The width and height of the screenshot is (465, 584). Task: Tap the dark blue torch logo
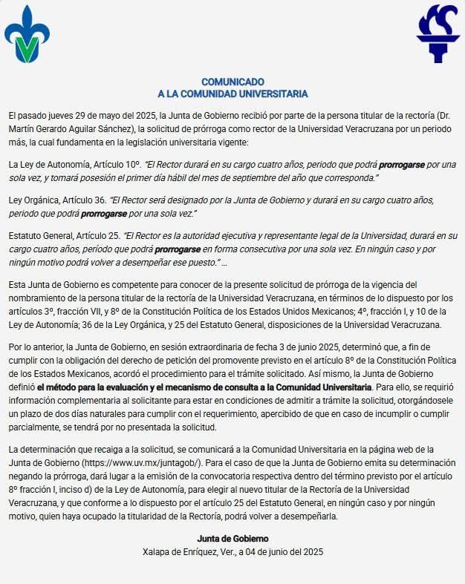(x=438, y=34)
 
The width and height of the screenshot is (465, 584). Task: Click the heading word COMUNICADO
(x=232, y=82)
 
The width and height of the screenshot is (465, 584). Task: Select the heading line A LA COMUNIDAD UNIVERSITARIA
(x=232, y=94)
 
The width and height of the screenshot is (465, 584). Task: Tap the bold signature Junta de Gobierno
(x=232, y=538)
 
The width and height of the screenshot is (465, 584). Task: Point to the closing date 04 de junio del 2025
(x=276, y=551)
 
